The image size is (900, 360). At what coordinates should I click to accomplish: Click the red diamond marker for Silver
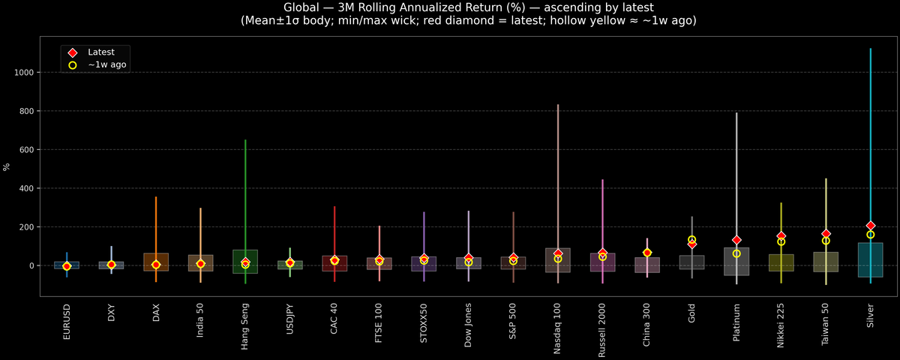click(871, 226)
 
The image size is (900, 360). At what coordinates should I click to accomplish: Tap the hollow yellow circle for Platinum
click(736, 253)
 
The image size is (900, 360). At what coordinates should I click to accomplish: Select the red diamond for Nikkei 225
click(781, 236)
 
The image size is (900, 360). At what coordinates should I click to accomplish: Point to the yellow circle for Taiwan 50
click(826, 241)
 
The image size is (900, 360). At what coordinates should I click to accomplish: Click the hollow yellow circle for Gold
click(691, 240)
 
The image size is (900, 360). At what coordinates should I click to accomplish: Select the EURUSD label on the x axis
click(67, 321)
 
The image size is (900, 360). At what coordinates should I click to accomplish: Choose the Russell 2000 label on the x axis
click(602, 330)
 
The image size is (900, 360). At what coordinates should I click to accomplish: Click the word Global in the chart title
click(302, 7)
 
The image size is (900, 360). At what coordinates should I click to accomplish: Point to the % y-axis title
click(7, 166)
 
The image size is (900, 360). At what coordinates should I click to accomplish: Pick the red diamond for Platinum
click(736, 240)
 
